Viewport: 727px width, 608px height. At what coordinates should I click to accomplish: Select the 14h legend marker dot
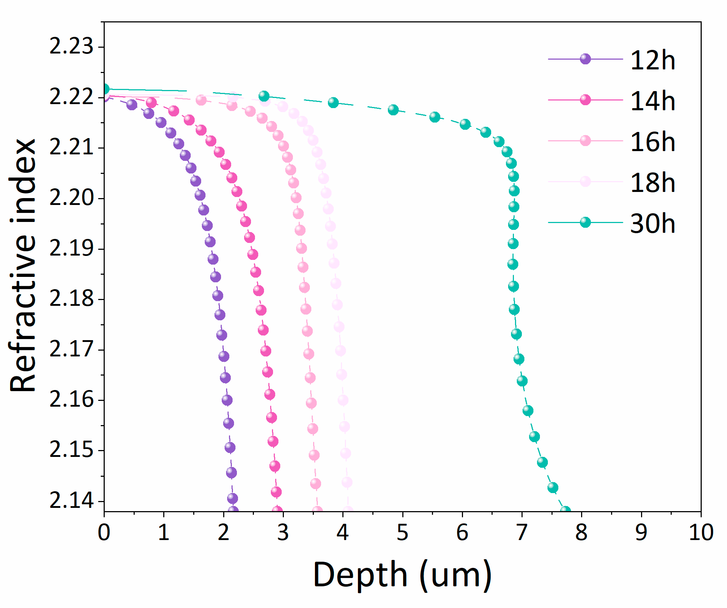coord(585,100)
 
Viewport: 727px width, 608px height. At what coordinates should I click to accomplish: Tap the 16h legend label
coord(652,142)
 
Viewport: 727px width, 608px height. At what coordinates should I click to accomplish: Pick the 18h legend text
coord(652,183)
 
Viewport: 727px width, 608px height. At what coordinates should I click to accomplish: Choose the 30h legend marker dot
coord(585,222)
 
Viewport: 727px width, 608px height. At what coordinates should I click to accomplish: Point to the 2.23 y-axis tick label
coord(71,47)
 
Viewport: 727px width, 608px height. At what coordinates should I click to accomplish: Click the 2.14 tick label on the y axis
coord(71,501)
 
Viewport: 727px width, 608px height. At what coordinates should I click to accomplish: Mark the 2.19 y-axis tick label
coord(71,249)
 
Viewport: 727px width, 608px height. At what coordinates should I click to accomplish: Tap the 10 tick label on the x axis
coord(701,532)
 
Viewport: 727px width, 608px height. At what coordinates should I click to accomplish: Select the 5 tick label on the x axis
coord(402,532)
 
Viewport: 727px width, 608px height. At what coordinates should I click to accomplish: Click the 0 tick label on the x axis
coord(104,532)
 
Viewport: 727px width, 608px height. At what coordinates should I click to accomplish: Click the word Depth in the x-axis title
coord(360,575)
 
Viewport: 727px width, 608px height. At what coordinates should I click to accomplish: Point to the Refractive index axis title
coord(23,266)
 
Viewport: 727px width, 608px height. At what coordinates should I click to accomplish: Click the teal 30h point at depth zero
coord(104,89)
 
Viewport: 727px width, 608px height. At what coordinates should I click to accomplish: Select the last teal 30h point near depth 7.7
coord(565,511)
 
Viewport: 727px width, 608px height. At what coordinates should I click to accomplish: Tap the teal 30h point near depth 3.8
coord(333,103)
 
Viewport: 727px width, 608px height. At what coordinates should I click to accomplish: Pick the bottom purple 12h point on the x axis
coord(233,511)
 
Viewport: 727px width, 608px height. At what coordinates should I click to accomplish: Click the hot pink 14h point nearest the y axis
coord(151,103)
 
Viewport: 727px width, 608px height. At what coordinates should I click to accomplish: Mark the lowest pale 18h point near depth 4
coord(348,511)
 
